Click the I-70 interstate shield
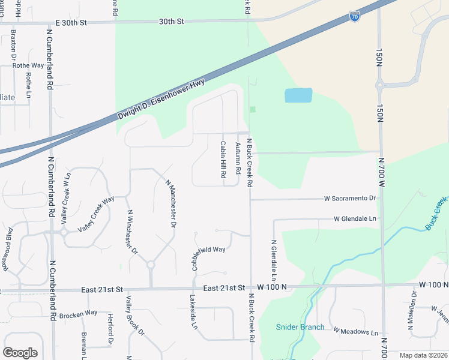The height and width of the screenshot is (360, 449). pyautogui.click(x=355, y=16)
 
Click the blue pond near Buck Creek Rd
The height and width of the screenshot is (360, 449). pyautogui.click(x=298, y=95)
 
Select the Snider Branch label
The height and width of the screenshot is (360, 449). pyautogui.click(x=300, y=327)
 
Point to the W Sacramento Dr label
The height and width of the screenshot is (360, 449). pyautogui.click(x=349, y=198)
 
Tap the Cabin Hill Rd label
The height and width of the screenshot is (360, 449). pyautogui.click(x=223, y=159)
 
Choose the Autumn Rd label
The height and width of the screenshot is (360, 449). pyautogui.click(x=238, y=158)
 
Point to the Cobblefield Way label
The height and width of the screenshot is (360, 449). pyautogui.click(x=209, y=249)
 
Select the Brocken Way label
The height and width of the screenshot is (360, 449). pyautogui.click(x=78, y=313)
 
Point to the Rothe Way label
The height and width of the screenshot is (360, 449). pyautogui.click(x=29, y=65)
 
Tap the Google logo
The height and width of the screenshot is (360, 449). pyautogui.click(x=20, y=353)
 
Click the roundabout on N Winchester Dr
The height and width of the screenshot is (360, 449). pyautogui.click(x=151, y=265)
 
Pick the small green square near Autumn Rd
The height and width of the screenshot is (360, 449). pyautogui.click(x=253, y=109)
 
